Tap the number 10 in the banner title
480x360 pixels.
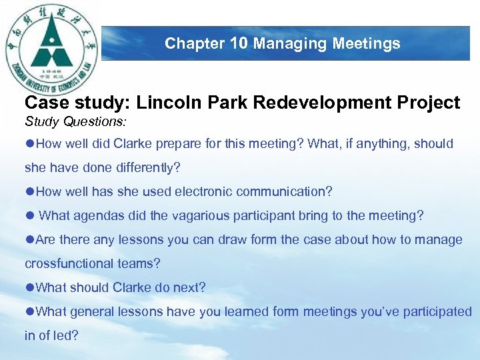[x=239, y=44]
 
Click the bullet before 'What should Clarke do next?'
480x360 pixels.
[x=29, y=288]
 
